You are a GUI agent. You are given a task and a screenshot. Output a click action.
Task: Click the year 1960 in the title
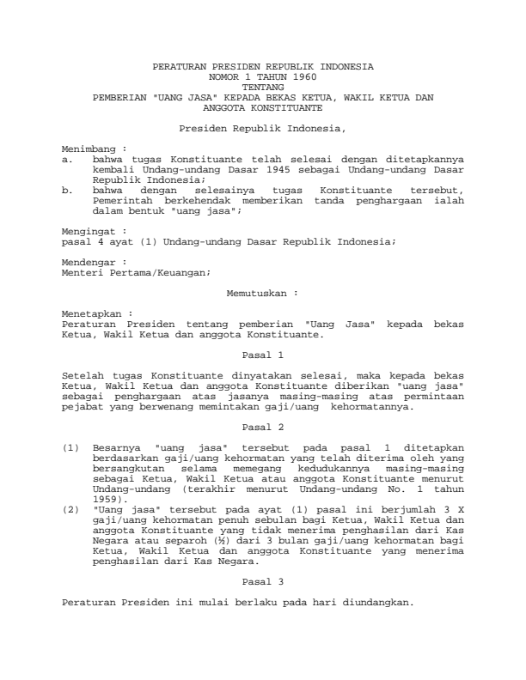click(x=291, y=76)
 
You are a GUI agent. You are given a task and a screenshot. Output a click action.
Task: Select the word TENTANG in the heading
click(x=262, y=87)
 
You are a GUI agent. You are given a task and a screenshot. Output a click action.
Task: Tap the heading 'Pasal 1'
click(x=262, y=355)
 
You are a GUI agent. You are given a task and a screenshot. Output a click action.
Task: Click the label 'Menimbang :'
click(x=89, y=149)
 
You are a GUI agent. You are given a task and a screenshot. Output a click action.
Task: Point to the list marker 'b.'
click(x=69, y=190)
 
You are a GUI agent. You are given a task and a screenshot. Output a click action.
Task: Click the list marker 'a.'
click(x=69, y=159)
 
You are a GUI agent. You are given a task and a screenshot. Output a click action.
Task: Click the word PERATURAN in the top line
click(x=175, y=66)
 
